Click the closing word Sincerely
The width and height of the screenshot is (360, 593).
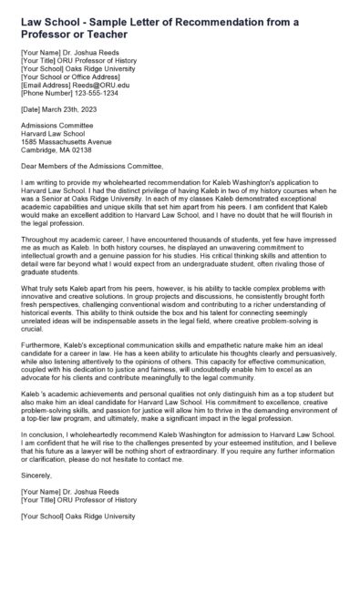[36, 500]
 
